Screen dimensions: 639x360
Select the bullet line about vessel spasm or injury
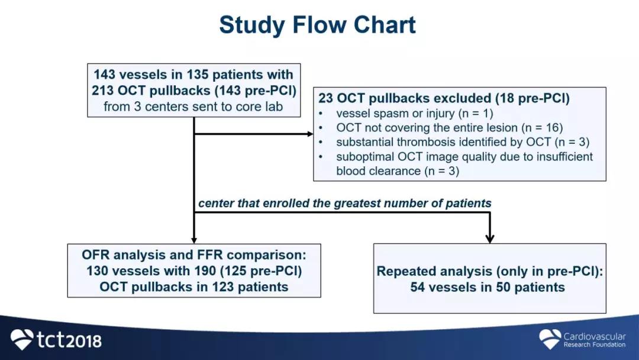click(x=414, y=113)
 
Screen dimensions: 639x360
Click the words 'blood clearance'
click(x=379, y=171)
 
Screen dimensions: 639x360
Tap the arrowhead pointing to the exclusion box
click(x=311, y=134)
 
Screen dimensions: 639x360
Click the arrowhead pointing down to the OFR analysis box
click(x=194, y=240)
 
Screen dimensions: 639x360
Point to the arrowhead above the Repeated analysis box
click(x=490, y=239)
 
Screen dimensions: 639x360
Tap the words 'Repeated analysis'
click(x=434, y=271)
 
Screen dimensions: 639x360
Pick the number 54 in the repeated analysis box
click(x=418, y=287)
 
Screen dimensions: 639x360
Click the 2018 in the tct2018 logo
click(x=84, y=341)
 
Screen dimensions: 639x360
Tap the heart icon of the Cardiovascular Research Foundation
click(x=550, y=339)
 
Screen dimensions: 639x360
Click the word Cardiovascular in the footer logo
click(x=595, y=336)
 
